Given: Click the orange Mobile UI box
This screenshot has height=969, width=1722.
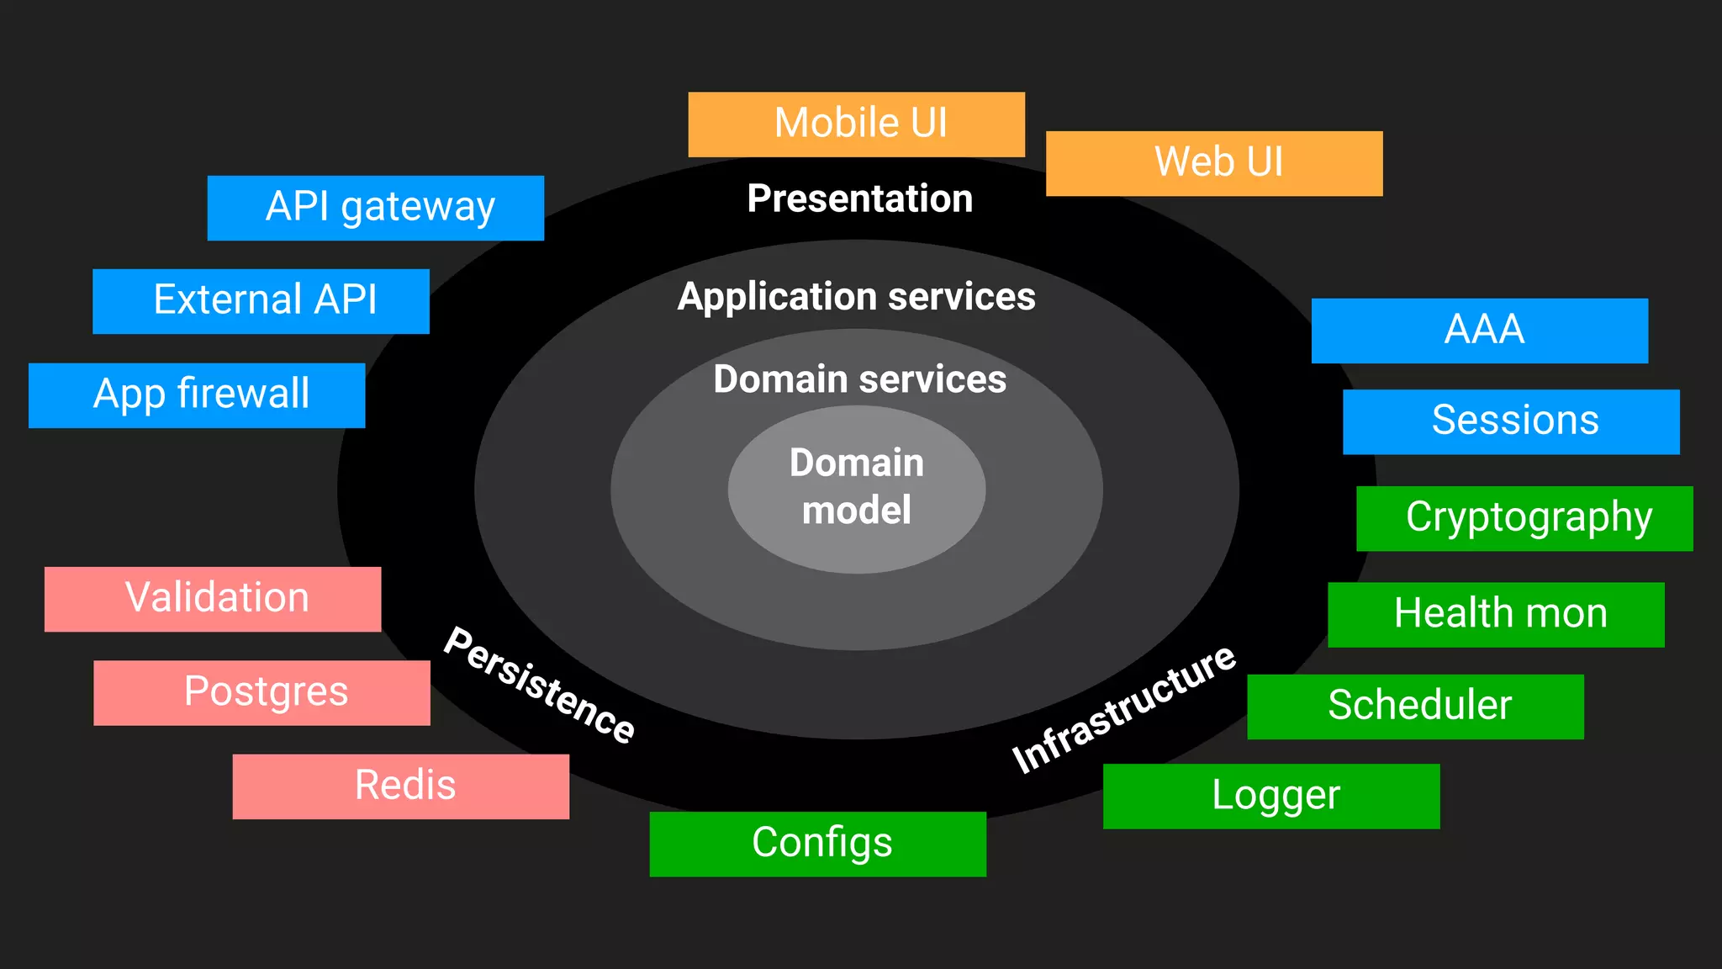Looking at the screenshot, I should (856, 124).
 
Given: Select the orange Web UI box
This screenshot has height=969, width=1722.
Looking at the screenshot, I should (1213, 163).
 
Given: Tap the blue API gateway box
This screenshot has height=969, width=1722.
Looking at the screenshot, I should (375, 208).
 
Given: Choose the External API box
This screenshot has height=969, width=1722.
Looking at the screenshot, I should (261, 301).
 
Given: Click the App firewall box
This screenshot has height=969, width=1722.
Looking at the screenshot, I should (197, 395).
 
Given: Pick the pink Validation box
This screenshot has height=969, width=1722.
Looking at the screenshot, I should (213, 599).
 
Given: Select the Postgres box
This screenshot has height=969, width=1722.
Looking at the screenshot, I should (261, 692).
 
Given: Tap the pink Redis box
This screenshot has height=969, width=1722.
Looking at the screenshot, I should (400, 786).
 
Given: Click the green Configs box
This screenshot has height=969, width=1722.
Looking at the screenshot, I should (817, 844).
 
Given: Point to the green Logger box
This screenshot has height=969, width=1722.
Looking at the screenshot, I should (1270, 796).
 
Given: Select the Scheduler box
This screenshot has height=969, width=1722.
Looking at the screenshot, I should (1415, 707).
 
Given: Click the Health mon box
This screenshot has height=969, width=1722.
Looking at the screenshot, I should (1496, 614).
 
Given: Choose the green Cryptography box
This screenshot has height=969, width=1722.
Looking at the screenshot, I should (1524, 518).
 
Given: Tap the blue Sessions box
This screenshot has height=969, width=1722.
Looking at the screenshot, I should (1511, 421).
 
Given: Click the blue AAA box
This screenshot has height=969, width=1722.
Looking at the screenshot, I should (1479, 331).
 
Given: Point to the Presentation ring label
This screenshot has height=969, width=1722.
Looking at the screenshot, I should (859, 199).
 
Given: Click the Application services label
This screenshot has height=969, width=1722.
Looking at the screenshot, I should (856, 297).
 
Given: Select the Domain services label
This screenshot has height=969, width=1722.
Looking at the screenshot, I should (859, 379).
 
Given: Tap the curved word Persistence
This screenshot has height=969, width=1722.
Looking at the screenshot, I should (539, 685).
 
